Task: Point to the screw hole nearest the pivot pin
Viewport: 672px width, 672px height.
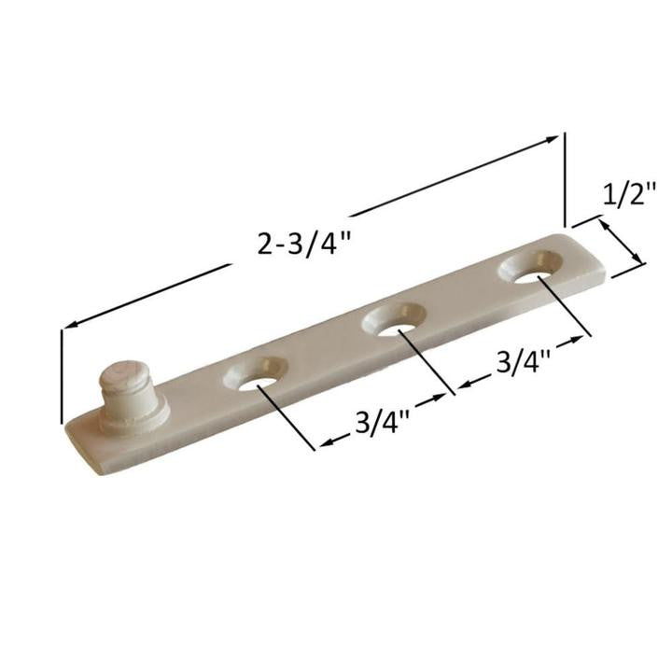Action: (259, 378)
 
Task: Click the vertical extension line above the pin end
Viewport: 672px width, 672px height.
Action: (63, 373)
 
